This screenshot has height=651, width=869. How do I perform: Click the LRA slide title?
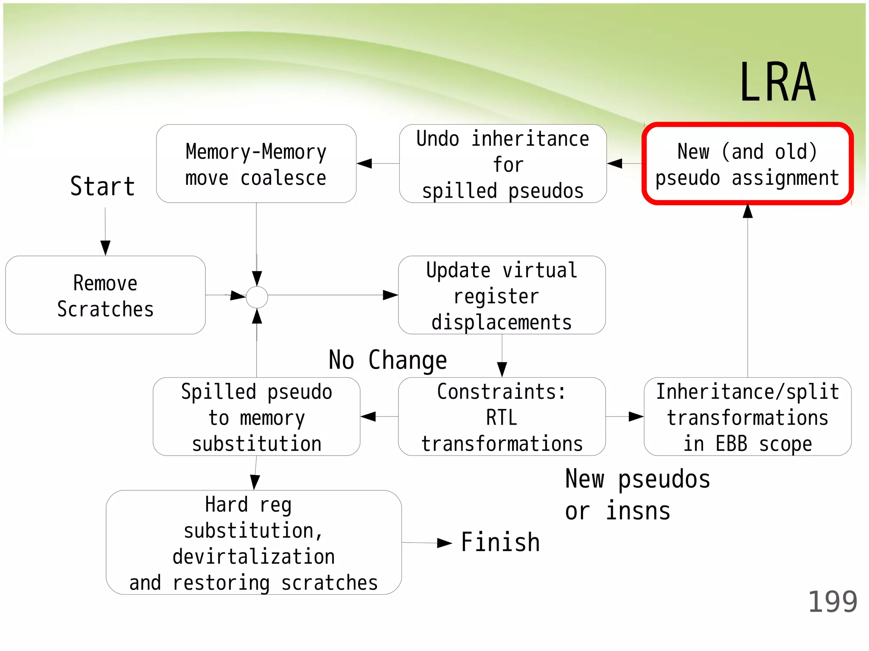click(777, 83)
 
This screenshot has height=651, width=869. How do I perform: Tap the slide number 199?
click(832, 602)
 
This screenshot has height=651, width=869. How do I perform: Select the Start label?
click(103, 186)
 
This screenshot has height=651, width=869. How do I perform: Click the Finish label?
click(500, 542)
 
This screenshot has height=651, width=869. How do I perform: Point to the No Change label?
click(388, 361)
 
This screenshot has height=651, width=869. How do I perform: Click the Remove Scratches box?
click(105, 295)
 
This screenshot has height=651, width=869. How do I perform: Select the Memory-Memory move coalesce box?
click(256, 164)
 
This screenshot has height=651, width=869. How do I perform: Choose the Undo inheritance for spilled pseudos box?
click(503, 164)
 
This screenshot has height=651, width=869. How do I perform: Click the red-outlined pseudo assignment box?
click(747, 164)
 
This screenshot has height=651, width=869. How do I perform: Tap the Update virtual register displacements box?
click(502, 295)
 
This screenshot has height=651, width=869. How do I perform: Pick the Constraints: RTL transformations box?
click(502, 417)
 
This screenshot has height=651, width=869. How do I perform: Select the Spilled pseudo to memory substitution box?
click(256, 417)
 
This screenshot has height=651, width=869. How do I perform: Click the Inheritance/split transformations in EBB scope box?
click(747, 417)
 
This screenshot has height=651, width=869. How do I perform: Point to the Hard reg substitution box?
click(253, 543)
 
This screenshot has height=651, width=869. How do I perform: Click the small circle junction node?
click(257, 297)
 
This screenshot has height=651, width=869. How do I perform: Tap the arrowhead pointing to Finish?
click(445, 543)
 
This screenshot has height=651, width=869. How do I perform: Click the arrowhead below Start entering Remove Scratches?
click(106, 248)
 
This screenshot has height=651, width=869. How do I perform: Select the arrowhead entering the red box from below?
click(748, 211)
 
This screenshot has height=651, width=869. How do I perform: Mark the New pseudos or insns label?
click(637, 495)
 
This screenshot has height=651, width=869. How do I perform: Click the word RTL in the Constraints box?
click(502, 418)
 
